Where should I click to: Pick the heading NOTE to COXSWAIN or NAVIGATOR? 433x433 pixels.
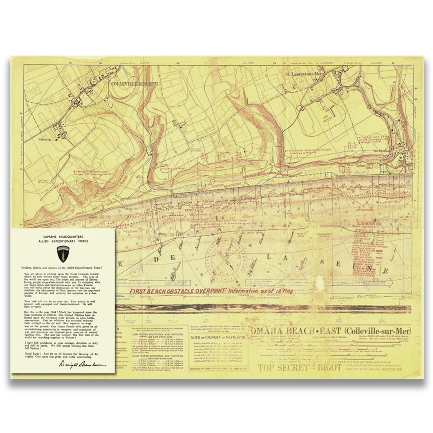[217, 337]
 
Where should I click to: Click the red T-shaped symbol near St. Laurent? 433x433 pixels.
[331, 110]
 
